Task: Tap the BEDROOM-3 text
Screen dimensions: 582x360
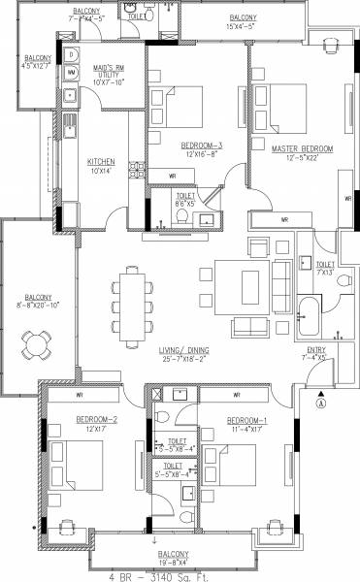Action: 202,145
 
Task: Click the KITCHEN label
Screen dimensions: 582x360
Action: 102,161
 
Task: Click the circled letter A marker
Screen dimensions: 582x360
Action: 323,396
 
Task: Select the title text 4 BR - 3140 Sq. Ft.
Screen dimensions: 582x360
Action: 179,575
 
